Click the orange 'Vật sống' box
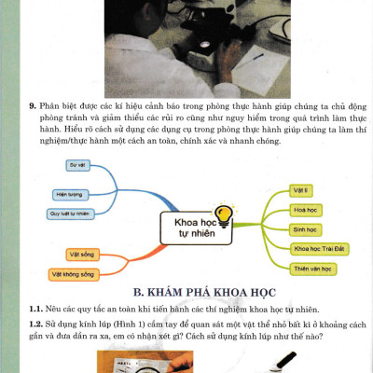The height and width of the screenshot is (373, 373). [80, 253]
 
